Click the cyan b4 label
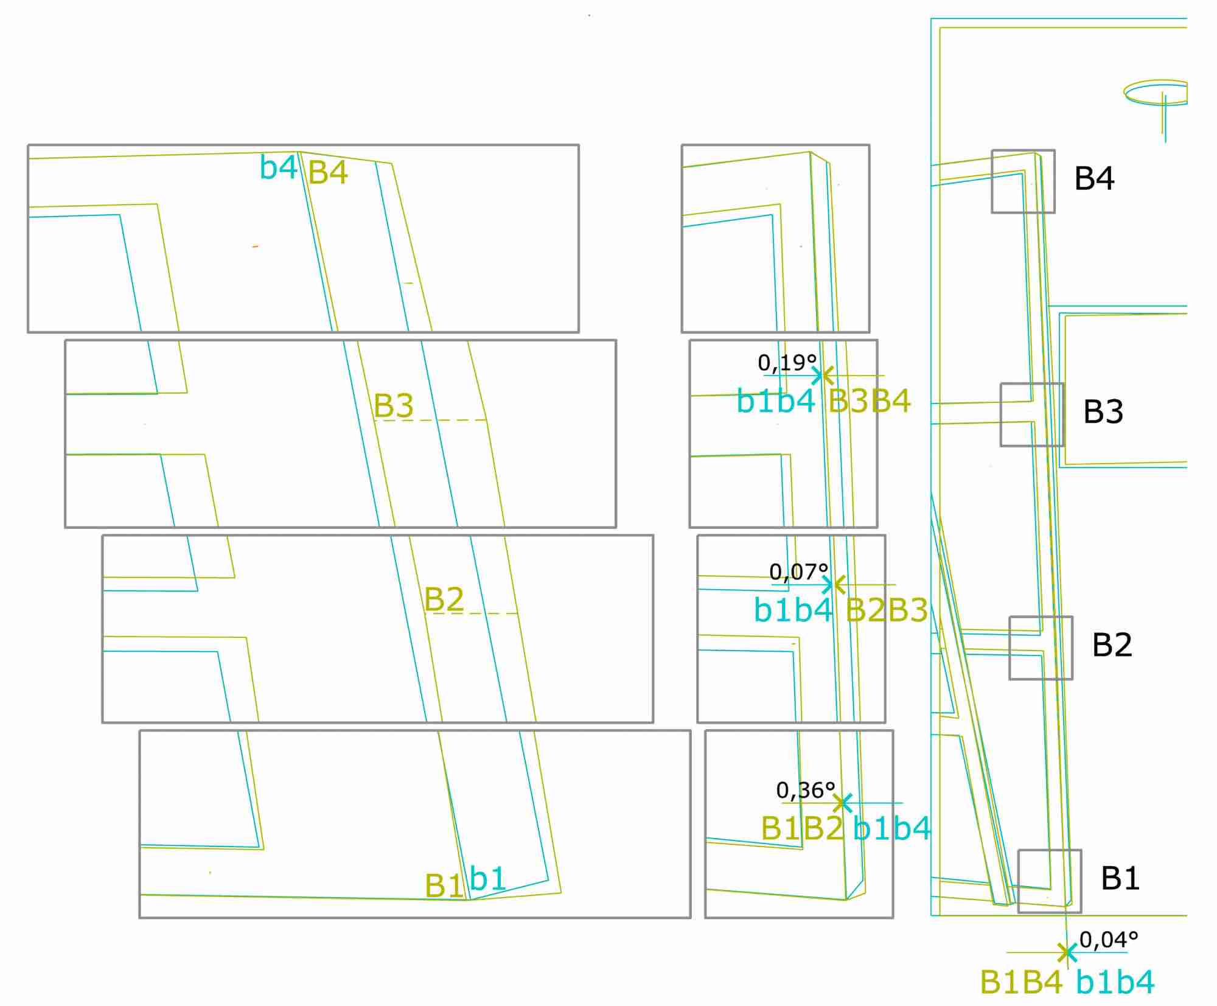pyautogui.click(x=278, y=167)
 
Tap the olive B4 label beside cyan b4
pyautogui.click(x=328, y=172)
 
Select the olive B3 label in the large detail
pyautogui.click(x=393, y=405)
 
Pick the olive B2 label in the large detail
pyautogui.click(x=444, y=599)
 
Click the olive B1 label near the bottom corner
pyautogui.click(x=444, y=885)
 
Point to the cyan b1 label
pyautogui.click(x=488, y=879)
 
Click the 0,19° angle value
pyautogui.click(x=787, y=363)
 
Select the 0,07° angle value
pyautogui.click(x=798, y=572)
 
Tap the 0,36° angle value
pyautogui.click(x=805, y=791)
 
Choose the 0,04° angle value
pyautogui.click(x=1108, y=940)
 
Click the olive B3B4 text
pyautogui.click(x=870, y=401)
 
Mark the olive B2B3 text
pyautogui.click(x=887, y=610)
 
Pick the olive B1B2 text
pyautogui.click(x=803, y=828)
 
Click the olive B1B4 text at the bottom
pyautogui.click(x=1021, y=982)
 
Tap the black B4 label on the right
pyautogui.click(x=1094, y=178)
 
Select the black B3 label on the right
pyautogui.click(x=1103, y=411)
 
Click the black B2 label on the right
pyautogui.click(x=1112, y=644)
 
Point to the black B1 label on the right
pyautogui.click(x=1120, y=878)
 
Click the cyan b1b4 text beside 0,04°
pyautogui.click(x=1115, y=982)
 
